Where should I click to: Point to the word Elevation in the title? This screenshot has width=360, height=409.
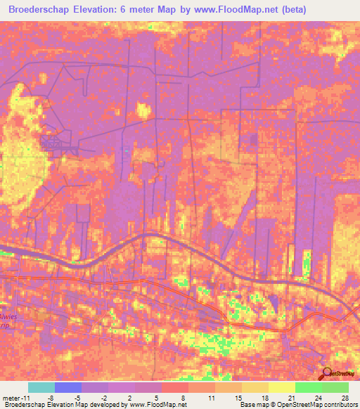coord(116,10)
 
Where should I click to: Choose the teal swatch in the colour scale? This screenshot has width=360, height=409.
coord(41,387)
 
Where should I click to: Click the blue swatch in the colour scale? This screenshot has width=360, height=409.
coord(68,387)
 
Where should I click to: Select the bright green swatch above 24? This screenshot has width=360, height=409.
coord(308,387)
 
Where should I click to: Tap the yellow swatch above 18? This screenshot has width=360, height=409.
coord(255,387)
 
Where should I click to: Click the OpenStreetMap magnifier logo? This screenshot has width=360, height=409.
coord(327,374)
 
